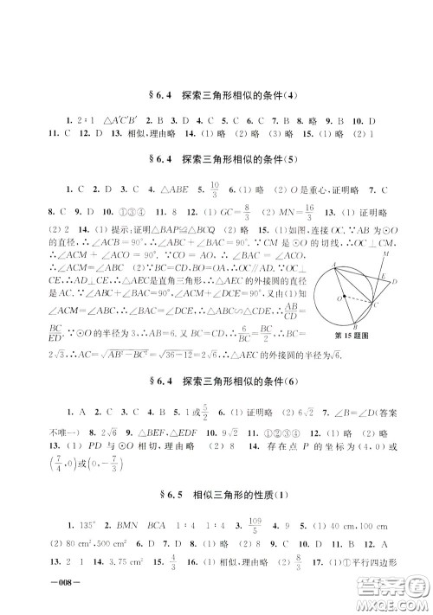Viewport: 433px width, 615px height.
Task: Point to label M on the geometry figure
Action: [385, 255]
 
